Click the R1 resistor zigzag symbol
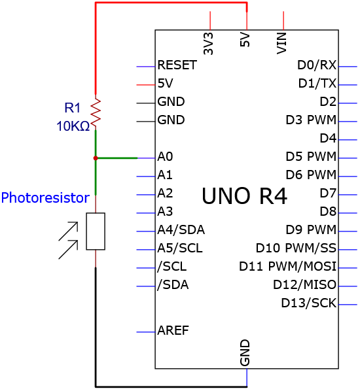point(96,112)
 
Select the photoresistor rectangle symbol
point(96,231)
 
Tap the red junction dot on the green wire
point(96,158)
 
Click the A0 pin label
point(165,157)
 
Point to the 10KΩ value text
point(73,126)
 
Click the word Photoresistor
point(45,197)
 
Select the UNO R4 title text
point(244,196)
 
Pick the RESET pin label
point(177,65)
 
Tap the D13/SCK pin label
point(309,303)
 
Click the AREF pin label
point(173,330)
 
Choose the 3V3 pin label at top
point(208,44)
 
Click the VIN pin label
point(281,43)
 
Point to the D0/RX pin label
point(317,65)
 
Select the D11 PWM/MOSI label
point(288,266)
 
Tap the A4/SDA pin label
point(181,229)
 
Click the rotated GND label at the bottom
point(245,352)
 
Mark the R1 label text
point(73,108)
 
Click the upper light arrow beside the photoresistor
point(68,231)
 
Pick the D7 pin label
point(329,193)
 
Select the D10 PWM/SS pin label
point(296,248)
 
